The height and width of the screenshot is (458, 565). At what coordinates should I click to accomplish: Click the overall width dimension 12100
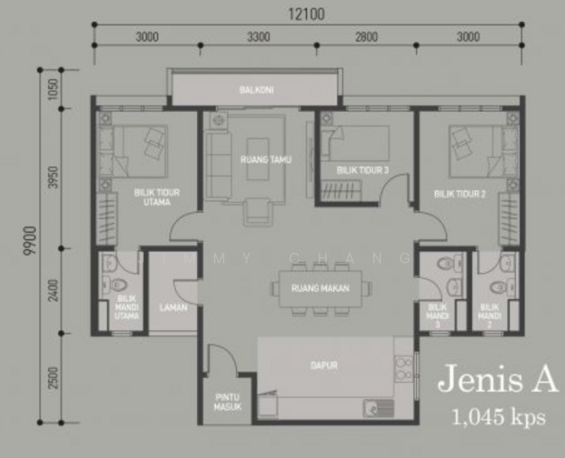[x=308, y=13]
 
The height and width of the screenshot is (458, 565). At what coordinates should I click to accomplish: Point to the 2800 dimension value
[x=366, y=36]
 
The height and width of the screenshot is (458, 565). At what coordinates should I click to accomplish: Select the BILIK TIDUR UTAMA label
[x=157, y=198]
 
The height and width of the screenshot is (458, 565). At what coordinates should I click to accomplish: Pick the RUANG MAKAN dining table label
[x=320, y=289]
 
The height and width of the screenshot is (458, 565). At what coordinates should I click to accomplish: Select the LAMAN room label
[x=168, y=308]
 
